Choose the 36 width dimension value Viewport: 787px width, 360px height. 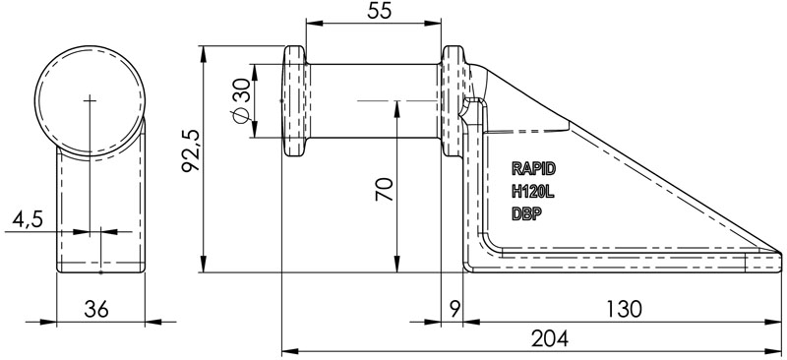95,309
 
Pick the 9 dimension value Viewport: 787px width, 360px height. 453,309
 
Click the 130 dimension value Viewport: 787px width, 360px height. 622,309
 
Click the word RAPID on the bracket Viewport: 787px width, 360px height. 534,168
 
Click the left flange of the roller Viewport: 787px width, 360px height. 294,101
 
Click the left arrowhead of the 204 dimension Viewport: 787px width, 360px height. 287,348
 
